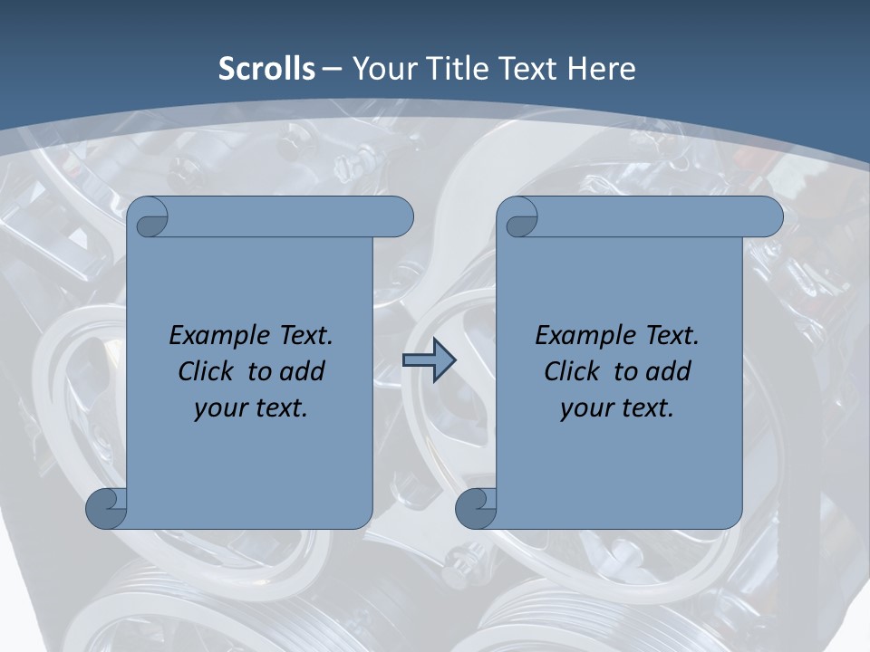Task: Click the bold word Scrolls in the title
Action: point(266,69)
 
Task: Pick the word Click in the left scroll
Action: point(208,371)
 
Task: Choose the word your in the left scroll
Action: point(220,408)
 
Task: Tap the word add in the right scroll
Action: point(667,371)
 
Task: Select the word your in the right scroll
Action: point(586,408)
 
